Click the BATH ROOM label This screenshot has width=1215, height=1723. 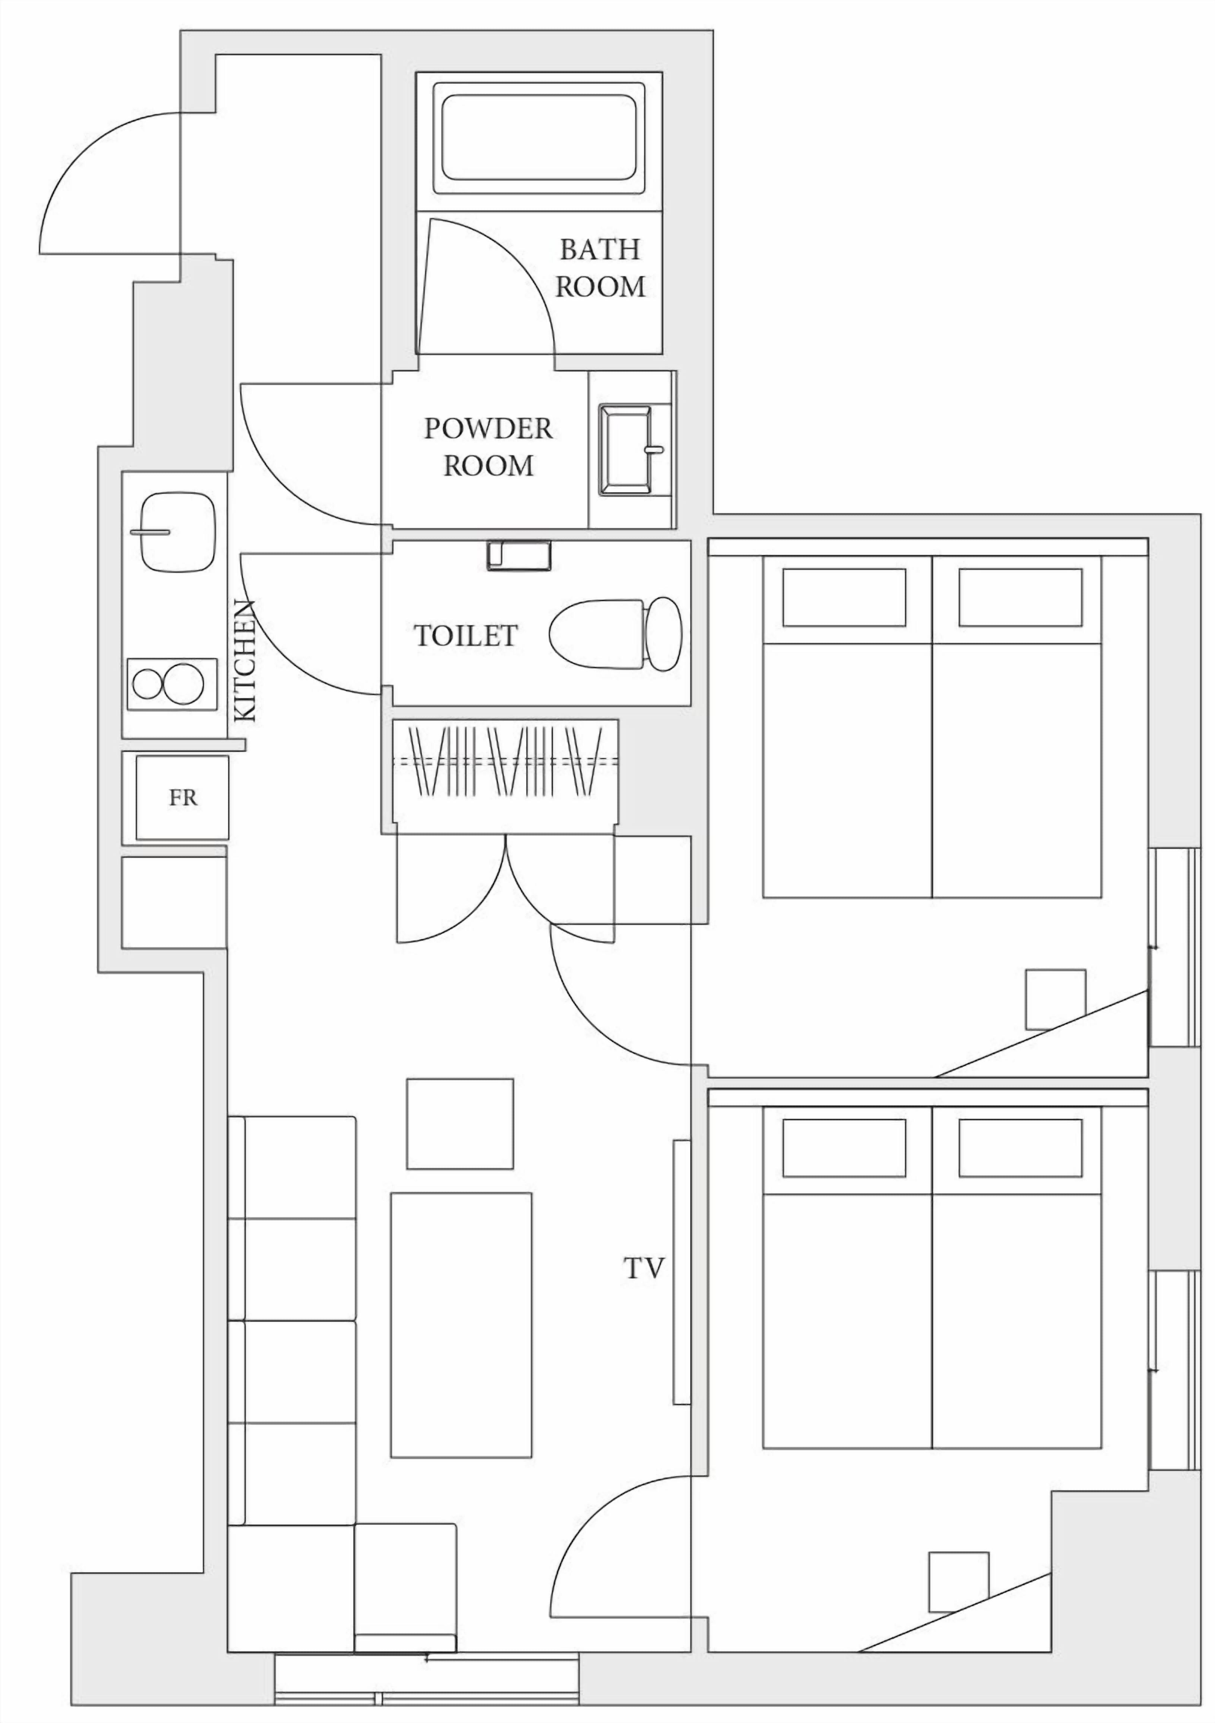click(x=600, y=268)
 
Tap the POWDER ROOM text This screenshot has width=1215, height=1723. click(x=488, y=447)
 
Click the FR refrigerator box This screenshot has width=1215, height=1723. click(x=182, y=798)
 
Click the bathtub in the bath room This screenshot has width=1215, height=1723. click(x=539, y=137)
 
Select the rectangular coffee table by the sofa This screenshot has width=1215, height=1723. click(x=461, y=1325)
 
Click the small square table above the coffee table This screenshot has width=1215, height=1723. click(x=460, y=1123)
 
